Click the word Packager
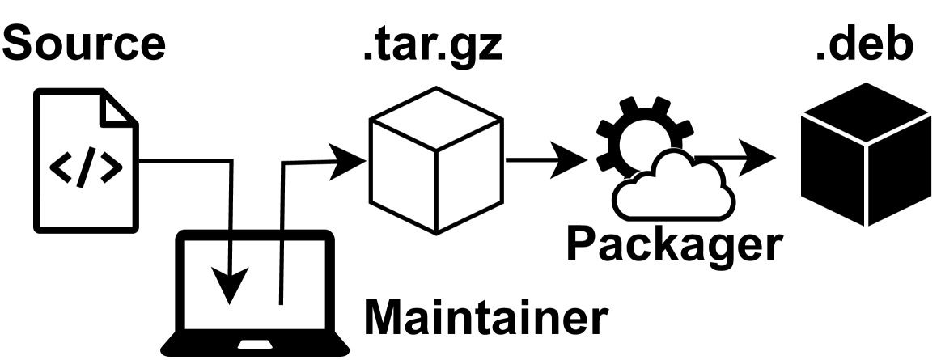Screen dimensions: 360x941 pyautogui.click(x=675, y=244)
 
